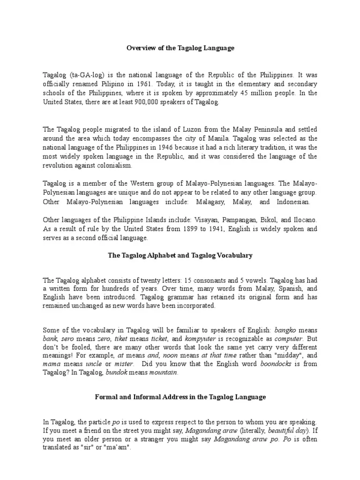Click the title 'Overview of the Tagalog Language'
pyautogui.click(x=180, y=48)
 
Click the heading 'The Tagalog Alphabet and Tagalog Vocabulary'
pyautogui.click(x=180, y=255)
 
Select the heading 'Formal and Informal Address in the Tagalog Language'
pyautogui.click(x=180, y=397)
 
